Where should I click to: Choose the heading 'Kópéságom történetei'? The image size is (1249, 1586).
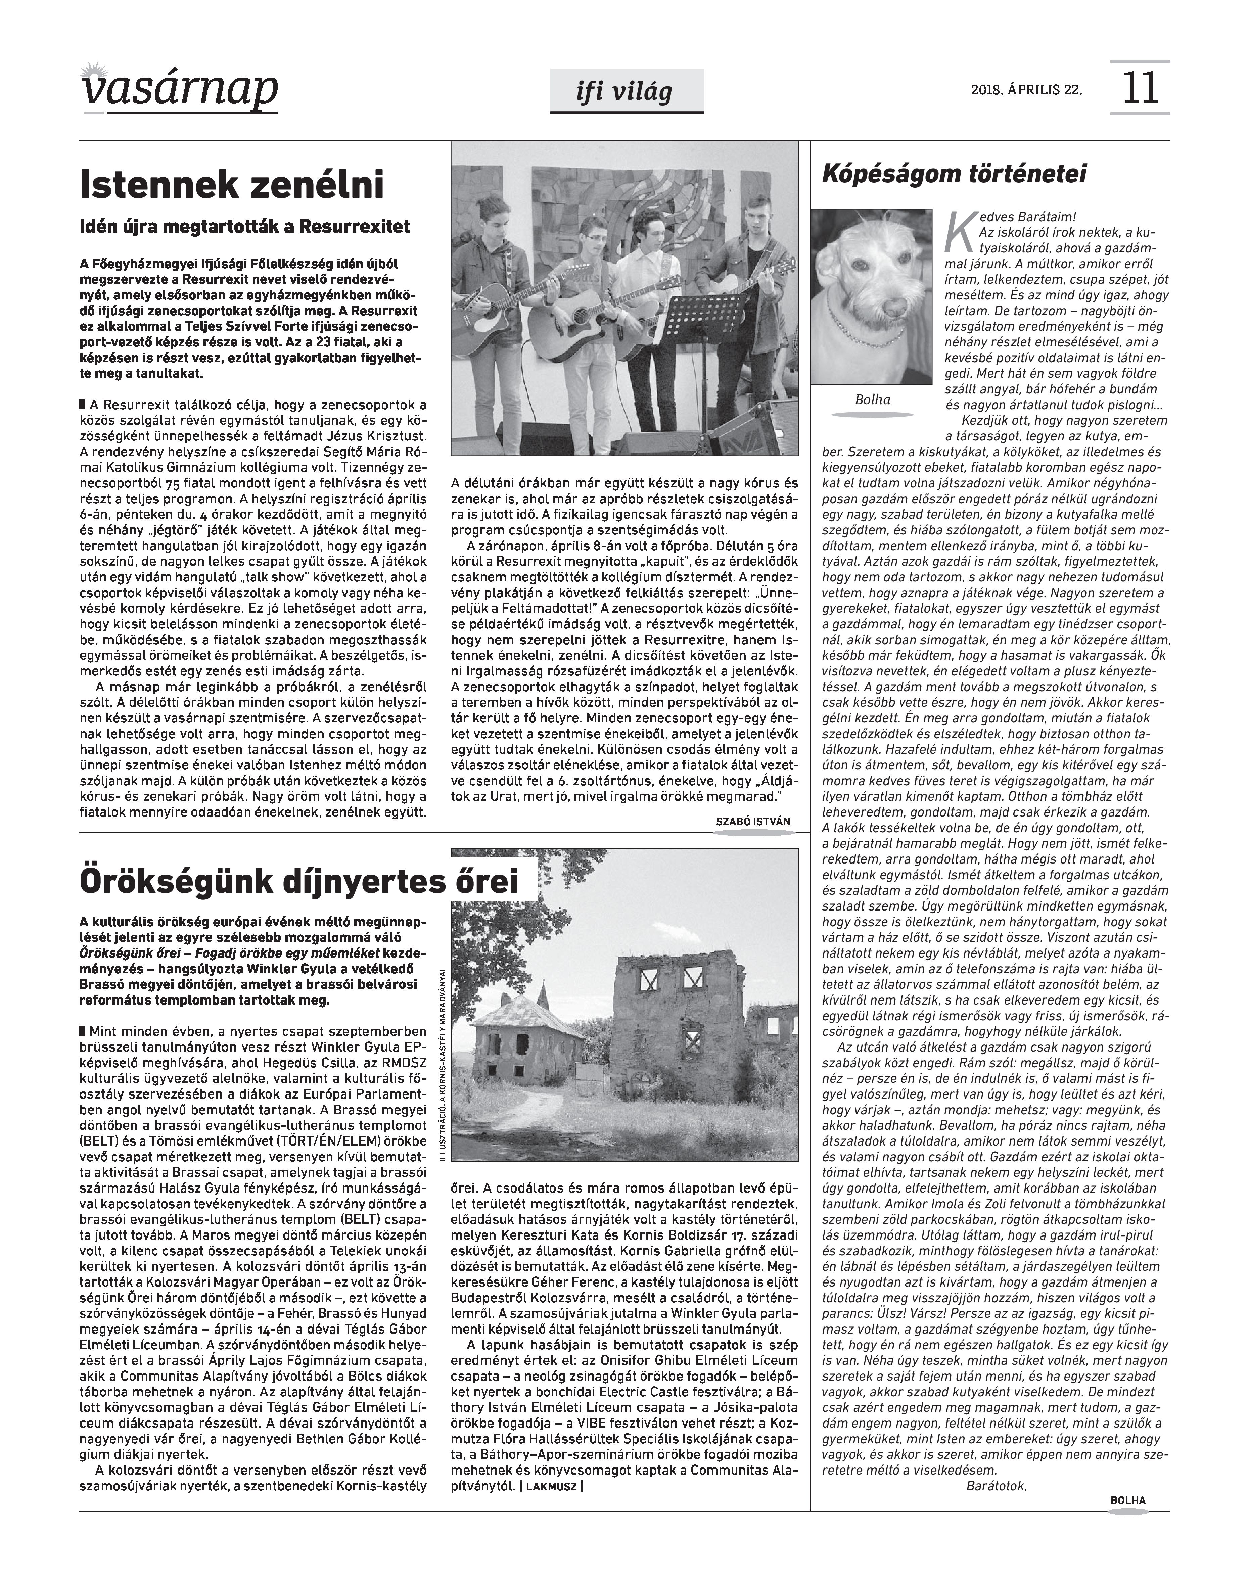pyautogui.click(x=954, y=174)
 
